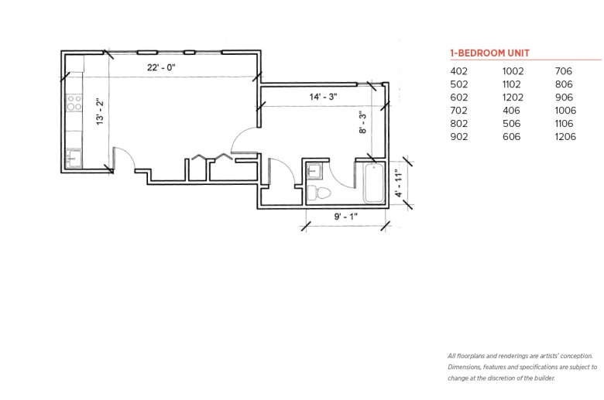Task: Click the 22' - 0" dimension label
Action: (161, 67)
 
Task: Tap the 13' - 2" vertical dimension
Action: (100, 111)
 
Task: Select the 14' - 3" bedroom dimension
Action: (323, 97)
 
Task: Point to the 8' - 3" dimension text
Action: (362, 123)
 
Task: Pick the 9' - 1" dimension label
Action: (345, 217)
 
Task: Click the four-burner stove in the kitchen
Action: (74, 102)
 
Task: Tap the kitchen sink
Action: (74, 158)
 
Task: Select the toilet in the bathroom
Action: (319, 193)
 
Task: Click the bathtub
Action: (374, 183)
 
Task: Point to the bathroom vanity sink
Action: (315, 171)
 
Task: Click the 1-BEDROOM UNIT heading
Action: (489, 53)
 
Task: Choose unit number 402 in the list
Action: (458, 71)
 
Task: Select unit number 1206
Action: (565, 137)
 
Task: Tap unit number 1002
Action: (513, 71)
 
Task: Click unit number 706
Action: (564, 71)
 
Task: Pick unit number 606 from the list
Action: (512, 137)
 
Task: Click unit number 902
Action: (459, 137)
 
